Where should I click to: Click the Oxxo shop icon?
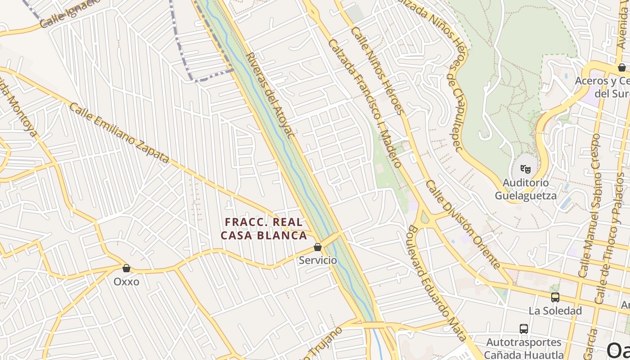(x=126, y=268)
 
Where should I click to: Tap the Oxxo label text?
(x=126, y=282)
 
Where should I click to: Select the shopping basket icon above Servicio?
(x=318, y=247)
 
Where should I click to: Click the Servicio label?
(x=318, y=260)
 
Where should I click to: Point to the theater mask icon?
(x=525, y=169)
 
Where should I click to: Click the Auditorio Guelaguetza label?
(x=526, y=189)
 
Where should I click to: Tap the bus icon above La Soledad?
(x=555, y=297)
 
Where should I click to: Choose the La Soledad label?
(x=555, y=310)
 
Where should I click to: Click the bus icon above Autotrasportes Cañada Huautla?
(x=524, y=329)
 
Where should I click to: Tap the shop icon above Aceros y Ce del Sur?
(x=622, y=67)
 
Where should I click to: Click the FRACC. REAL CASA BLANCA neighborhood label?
(x=264, y=229)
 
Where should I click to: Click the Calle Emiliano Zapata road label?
(x=119, y=133)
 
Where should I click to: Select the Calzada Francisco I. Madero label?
(x=365, y=103)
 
